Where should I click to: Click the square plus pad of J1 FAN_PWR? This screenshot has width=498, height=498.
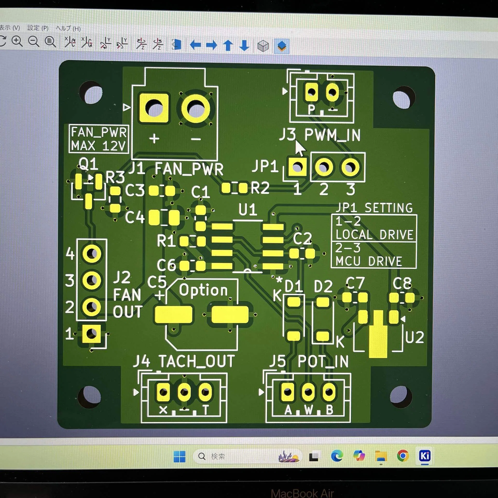point(154,108)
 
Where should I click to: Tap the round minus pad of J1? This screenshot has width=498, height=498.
point(196,108)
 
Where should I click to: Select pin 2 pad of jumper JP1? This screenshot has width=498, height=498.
point(324,167)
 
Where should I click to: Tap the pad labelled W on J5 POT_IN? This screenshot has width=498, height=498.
point(308,392)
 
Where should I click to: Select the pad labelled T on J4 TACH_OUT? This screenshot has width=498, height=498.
point(205,392)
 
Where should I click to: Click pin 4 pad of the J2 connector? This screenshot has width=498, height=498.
point(92,254)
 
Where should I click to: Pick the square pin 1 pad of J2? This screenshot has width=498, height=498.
point(91,334)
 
